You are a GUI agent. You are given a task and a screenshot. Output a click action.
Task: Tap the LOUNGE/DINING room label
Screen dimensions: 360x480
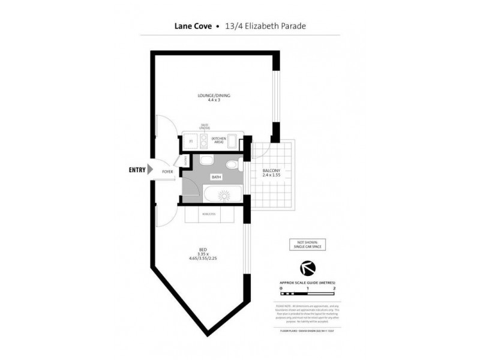214,95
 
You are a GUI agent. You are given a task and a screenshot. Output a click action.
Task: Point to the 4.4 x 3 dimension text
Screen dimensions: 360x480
214,100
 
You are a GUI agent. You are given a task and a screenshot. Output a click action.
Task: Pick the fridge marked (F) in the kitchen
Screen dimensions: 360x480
190,141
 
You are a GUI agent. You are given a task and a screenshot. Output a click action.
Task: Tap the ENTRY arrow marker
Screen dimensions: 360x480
150,170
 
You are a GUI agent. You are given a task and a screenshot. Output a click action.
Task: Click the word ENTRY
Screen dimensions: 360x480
137,170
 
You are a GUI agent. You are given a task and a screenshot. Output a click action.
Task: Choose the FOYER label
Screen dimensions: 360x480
167,172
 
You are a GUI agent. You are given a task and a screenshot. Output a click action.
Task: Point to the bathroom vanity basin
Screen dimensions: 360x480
232,165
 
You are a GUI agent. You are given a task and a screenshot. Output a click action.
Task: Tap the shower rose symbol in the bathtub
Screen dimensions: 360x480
224,195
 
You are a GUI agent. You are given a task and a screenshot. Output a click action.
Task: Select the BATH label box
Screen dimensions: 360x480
216,177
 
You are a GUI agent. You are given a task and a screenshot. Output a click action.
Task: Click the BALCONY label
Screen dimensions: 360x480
272,171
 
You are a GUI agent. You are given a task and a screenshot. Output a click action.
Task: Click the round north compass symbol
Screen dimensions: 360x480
307,268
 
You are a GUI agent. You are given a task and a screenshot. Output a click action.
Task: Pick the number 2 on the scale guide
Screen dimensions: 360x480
334,289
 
